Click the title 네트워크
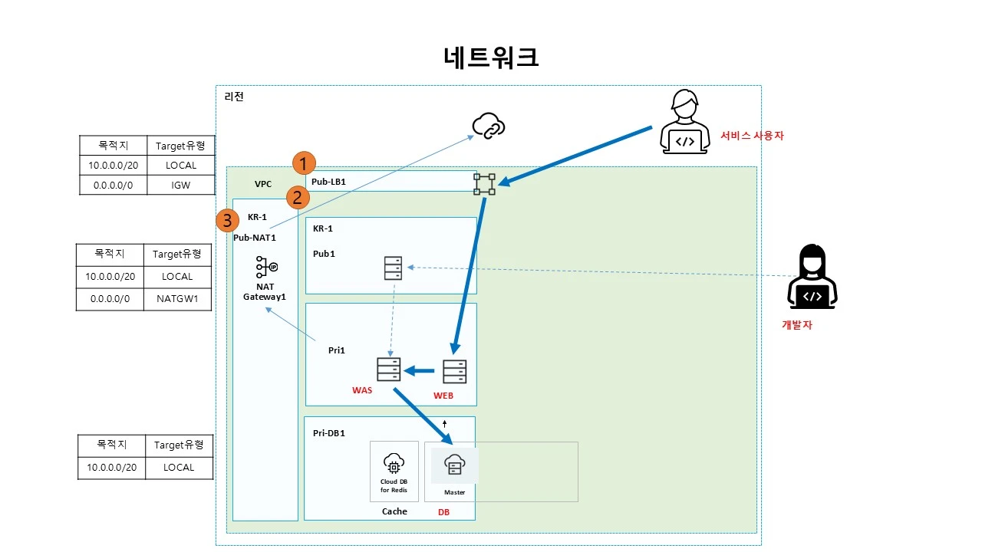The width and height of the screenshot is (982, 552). [491, 58]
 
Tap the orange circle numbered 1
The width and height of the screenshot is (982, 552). [305, 163]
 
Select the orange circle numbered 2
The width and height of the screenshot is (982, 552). [298, 198]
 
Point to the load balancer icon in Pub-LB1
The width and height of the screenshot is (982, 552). [484, 184]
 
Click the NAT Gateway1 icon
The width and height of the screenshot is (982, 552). [266, 267]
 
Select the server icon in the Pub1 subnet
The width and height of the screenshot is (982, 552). [393, 268]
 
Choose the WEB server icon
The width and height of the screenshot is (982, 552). [454, 371]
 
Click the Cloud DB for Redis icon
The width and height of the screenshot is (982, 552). [394, 464]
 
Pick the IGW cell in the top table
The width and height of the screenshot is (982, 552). [181, 185]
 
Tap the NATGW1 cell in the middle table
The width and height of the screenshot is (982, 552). [177, 299]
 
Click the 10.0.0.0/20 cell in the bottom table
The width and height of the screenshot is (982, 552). [111, 467]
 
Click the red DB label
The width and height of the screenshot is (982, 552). [443, 511]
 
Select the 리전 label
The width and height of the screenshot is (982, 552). [234, 97]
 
